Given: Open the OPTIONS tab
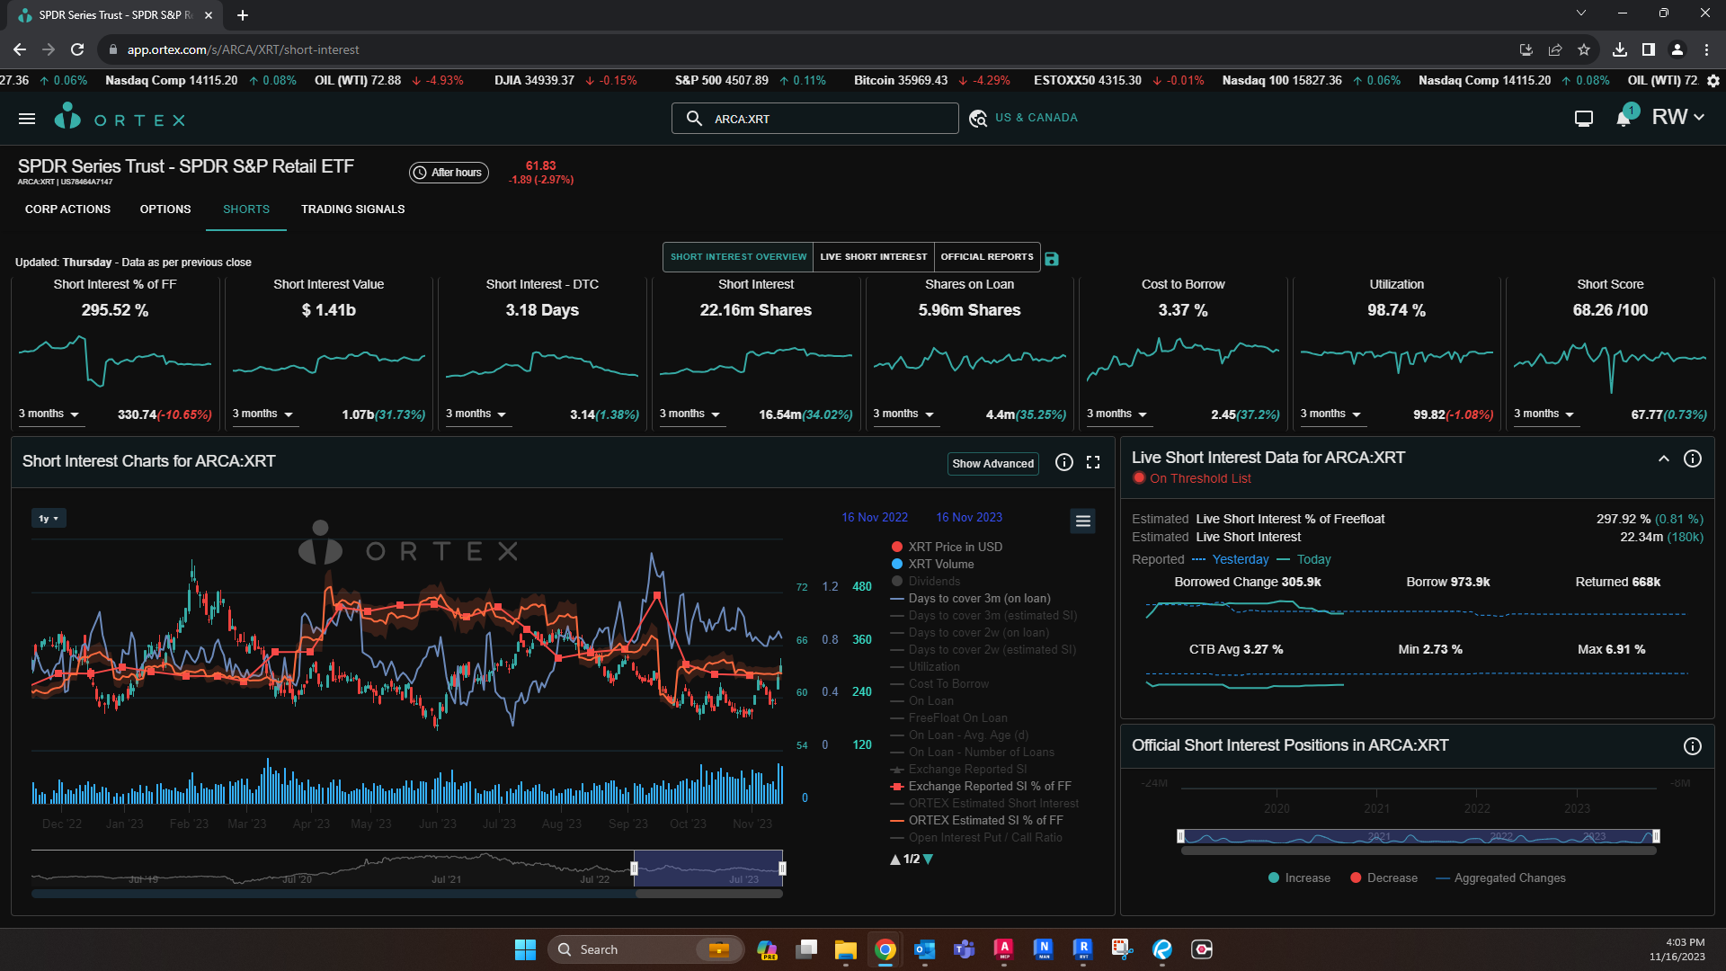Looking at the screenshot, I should [x=165, y=209].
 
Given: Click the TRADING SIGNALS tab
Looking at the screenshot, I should [x=352, y=209].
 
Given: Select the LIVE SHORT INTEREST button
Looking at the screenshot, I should [x=873, y=257].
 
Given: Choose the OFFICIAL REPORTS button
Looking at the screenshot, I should [x=986, y=257].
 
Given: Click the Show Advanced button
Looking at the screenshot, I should [x=992, y=464].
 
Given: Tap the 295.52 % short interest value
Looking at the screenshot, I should [x=115, y=310].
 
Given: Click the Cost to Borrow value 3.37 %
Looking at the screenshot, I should [x=1182, y=310].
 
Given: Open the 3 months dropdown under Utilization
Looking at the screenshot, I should [x=1330, y=414].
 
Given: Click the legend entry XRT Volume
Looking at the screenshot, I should [x=940, y=565].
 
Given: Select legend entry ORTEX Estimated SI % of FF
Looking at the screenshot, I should [x=985, y=821].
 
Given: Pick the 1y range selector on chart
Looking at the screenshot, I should [x=49, y=519].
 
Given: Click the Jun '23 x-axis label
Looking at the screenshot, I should [x=438, y=824].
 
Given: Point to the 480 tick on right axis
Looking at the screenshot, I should [x=861, y=587].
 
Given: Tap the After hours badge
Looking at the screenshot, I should [x=449, y=173].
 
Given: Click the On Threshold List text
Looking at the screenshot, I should [x=1200, y=479].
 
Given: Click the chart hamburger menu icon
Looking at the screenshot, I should [x=1082, y=521].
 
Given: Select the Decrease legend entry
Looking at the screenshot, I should [x=1391, y=878].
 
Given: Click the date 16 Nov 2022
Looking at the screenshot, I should [x=874, y=518].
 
